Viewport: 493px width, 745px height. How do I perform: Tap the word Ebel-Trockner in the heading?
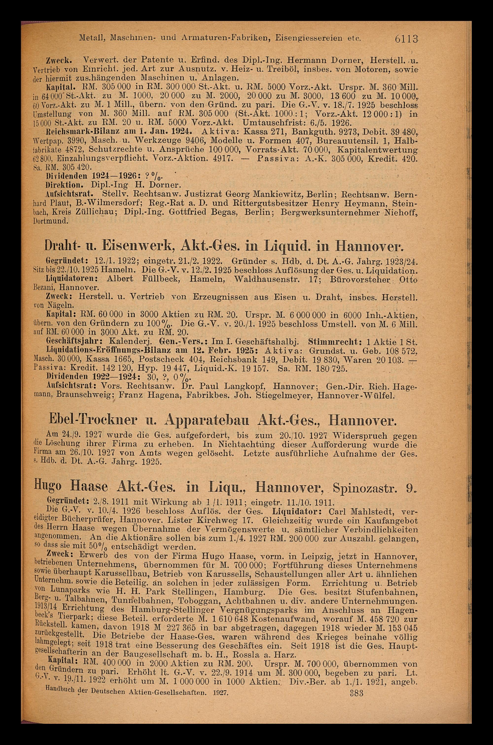pyautogui.click(x=91, y=421)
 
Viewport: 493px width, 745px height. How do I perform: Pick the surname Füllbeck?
pyautogui.click(x=161, y=279)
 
